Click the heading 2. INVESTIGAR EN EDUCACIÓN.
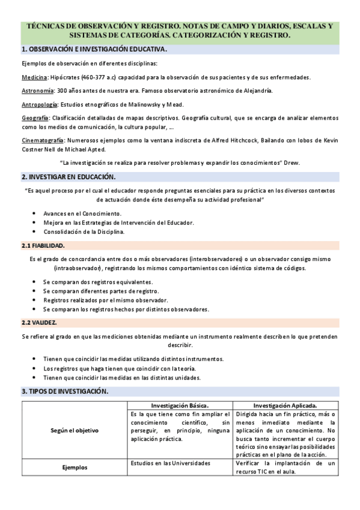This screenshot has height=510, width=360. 69,177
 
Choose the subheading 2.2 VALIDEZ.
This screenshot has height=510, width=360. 39,322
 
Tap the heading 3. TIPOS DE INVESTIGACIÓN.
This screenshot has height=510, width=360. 65,392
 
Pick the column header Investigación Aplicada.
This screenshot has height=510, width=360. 285,405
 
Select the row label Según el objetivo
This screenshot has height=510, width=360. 75,431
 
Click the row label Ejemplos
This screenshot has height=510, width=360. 75,467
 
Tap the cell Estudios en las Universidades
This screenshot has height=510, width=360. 171,463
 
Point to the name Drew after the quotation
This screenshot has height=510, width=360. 293,163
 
